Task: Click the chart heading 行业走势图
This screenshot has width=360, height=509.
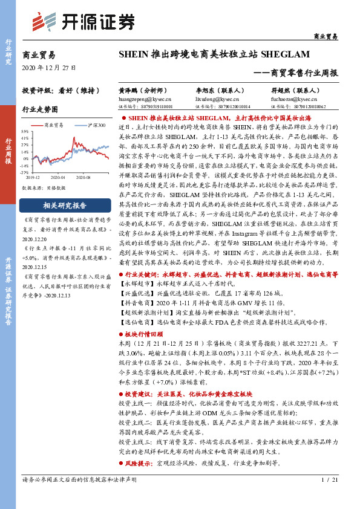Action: [x=40, y=109]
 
